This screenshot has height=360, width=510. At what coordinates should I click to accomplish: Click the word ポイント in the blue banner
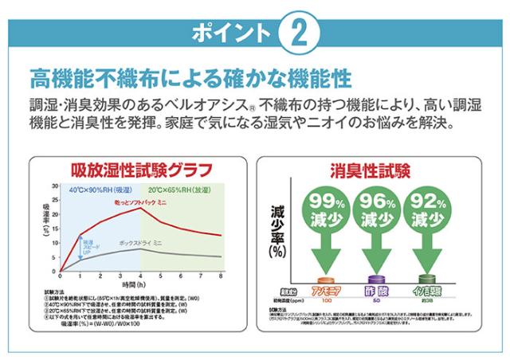pyautogui.click(x=231, y=33)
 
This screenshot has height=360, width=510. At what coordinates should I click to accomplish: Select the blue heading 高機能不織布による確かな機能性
pyautogui.click(x=190, y=79)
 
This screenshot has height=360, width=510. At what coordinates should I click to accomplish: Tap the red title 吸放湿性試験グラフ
pyautogui.click(x=139, y=170)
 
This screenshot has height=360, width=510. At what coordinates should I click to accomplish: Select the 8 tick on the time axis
pyautogui.click(x=221, y=276)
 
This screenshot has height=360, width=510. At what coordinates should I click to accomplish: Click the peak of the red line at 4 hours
pyautogui.click(x=141, y=207)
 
